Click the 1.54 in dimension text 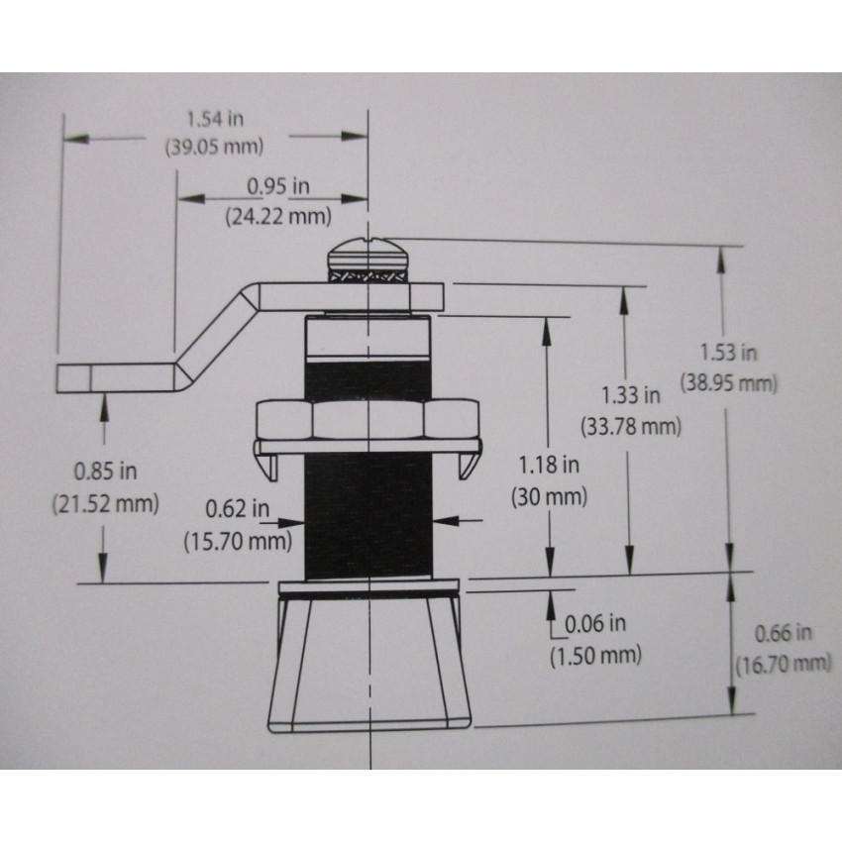click(215, 119)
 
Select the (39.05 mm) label click(214, 147)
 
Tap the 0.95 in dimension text click(278, 186)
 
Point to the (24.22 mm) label click(278, 216)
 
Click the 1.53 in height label click(728, 353)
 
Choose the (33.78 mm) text click(630, 427)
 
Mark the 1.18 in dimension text click(548, 465)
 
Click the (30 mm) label click(549, 497)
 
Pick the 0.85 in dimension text click(105, 472)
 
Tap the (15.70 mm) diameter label click(238, 541)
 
